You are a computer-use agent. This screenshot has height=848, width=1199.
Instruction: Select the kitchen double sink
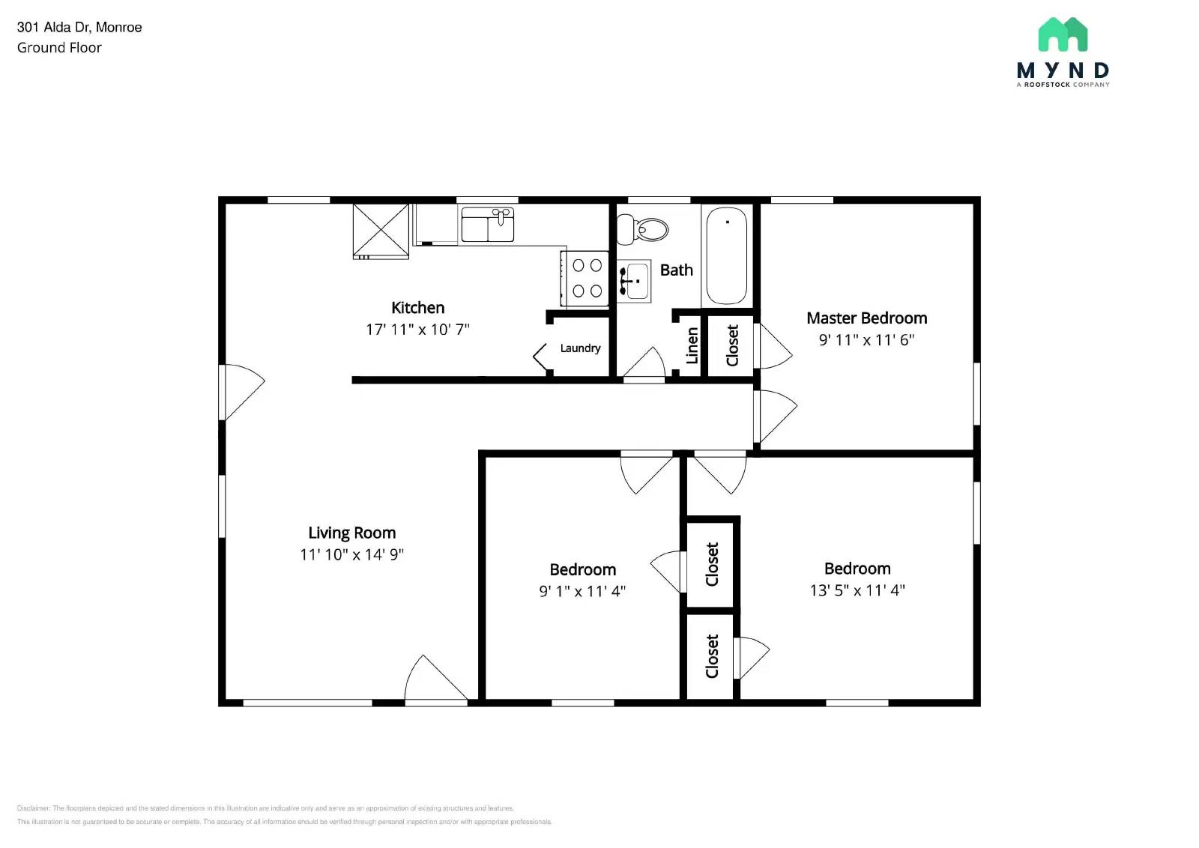487,225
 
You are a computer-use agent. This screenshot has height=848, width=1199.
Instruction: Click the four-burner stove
587,278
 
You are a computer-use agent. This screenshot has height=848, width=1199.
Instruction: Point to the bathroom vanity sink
635,281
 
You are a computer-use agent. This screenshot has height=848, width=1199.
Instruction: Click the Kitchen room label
417,308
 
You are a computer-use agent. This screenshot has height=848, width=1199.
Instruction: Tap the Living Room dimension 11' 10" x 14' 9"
351,554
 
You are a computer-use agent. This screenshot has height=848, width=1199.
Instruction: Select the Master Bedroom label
866,318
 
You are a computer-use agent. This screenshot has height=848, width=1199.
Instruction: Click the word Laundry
580,348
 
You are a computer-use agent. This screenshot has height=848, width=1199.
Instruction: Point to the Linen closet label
692,345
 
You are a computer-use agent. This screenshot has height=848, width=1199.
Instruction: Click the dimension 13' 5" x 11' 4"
857,590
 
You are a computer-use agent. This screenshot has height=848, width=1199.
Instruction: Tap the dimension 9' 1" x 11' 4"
582,591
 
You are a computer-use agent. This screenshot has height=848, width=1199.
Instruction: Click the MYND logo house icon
1063,34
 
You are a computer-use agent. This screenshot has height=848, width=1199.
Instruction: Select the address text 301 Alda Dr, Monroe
79,28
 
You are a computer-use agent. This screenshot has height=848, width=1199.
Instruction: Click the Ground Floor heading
59,48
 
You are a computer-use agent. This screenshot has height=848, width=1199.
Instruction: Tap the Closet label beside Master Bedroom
732,345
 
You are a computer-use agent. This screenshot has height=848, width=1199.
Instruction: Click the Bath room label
676,270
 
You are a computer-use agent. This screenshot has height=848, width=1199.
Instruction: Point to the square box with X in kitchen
381,231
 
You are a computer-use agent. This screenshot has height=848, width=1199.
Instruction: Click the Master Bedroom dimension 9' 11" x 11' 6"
866,340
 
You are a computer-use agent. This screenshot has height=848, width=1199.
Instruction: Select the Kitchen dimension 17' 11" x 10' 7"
417,330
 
